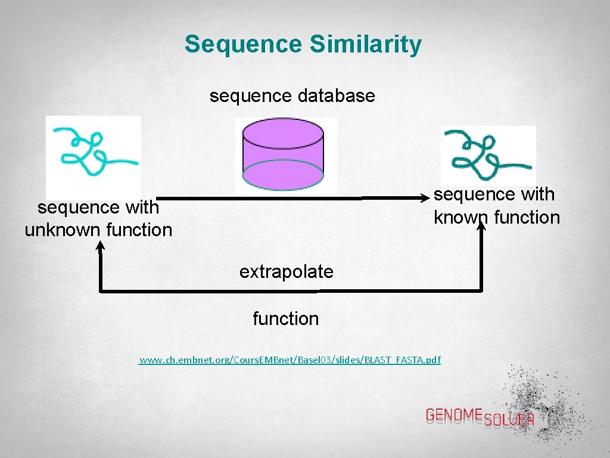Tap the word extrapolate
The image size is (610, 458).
click(x=286, y=272)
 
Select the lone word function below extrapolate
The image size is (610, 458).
click(x=285, y=319)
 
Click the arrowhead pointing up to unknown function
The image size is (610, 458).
click(x=100, y=245)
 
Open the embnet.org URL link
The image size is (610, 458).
click(x=290, y=360)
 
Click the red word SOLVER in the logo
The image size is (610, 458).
click(x=509, y=420)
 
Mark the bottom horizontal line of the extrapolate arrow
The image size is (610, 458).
click(x=286, y=291)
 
